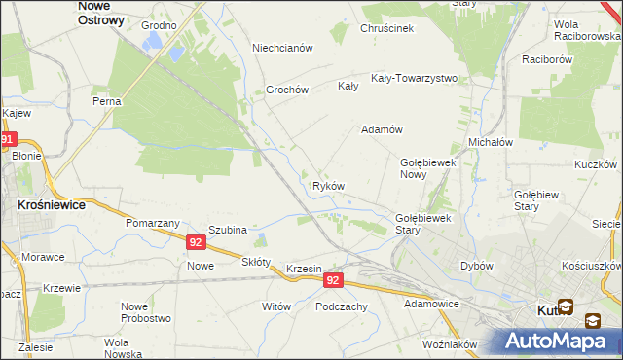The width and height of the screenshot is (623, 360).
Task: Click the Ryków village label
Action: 328,186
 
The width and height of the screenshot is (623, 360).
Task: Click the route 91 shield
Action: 8,140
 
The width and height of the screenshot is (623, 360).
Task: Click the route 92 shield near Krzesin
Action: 333,280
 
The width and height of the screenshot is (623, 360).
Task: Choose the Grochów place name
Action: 287,90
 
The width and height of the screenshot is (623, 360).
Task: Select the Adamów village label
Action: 383,129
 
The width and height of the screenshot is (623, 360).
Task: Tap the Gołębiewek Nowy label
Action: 428,168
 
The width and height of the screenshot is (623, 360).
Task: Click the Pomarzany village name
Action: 149,223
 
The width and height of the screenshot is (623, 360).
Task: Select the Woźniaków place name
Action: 450,344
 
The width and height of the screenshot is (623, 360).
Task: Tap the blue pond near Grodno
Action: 153,41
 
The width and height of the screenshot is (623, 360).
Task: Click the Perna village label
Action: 106,101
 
